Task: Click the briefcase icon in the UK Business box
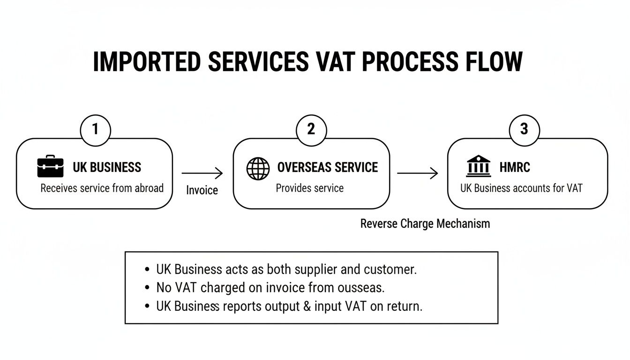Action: point(50,168)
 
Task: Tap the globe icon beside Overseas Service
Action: point(258,169)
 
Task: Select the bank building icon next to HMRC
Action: point(479,167)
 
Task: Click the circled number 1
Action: point(96,129)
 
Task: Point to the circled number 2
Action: point(311,129)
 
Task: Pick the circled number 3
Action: point(524,129)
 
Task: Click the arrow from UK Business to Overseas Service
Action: point(202,174)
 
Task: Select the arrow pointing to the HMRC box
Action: point(417,174)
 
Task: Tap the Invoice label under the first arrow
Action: point(202,190)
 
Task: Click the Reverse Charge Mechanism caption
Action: point(425,224)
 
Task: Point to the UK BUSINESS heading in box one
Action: point(107,167)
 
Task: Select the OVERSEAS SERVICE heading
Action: point(328,167)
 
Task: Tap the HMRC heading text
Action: point(515,167)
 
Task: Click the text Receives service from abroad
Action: point(102,188)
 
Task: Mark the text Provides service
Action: point(310,188)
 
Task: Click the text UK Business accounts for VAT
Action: point(521,188)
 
